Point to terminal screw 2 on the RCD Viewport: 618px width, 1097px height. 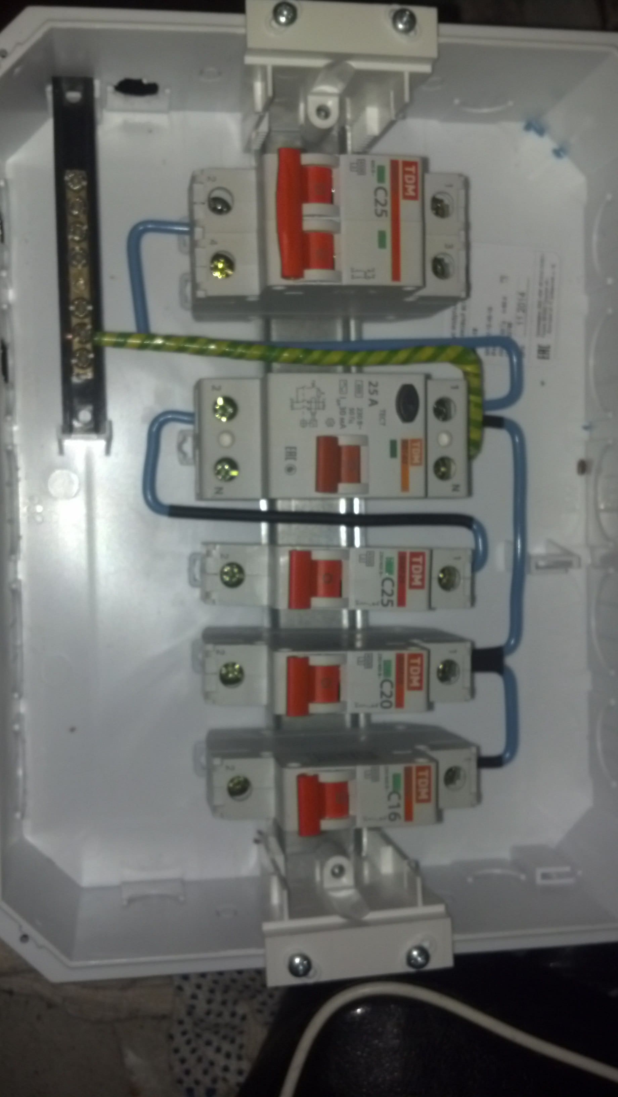[x=224, y=410]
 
